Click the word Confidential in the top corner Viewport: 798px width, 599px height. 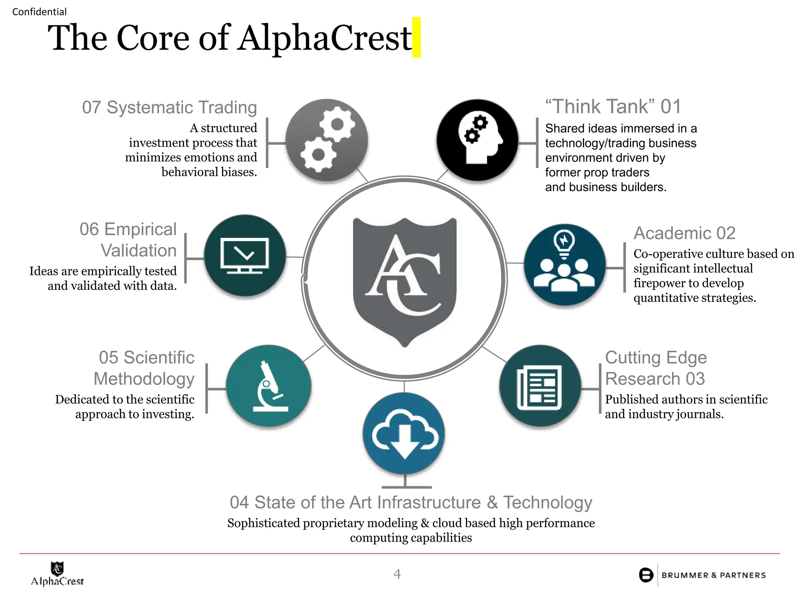(x=39, y=12)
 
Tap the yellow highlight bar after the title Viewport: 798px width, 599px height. (x=417, y=37)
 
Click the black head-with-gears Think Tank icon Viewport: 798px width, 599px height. (x=477, y=140)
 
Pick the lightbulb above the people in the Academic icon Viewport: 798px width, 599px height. (x=564, y=242)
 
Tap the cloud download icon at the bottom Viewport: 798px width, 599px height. (x=404, y=434)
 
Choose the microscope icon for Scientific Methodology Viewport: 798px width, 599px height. (x=268, y=386)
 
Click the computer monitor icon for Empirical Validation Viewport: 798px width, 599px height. (x=245, y=255)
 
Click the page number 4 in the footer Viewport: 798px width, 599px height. (x=397, y=574)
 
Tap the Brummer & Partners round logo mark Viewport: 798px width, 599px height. (x=646, y=575)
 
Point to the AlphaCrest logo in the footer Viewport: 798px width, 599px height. (x=57, y=574)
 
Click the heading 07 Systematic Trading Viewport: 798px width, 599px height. (x=169, y=107)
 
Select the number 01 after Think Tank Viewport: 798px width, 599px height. (x=671, y=106)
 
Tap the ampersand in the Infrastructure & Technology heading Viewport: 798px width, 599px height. (x=493, y=502)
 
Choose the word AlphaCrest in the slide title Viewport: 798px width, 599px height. (x=325, y=38)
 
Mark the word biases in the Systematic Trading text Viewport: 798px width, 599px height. (x=238, y=172)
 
